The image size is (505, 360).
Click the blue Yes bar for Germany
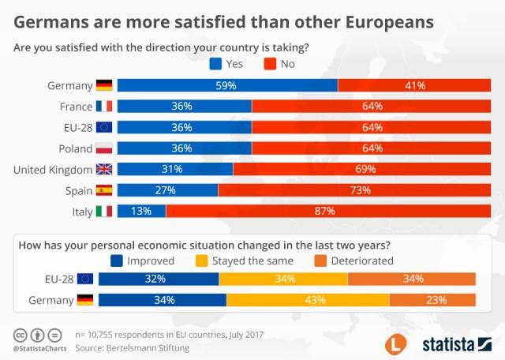coord(227,85)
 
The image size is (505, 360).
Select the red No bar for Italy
coord(324,211)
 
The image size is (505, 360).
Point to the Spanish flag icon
coord(104,190)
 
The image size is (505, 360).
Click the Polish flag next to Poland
coord(104,148)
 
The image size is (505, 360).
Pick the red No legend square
coord(266,63)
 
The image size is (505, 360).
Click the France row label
coord(75,106)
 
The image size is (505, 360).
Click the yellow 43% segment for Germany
coord(308,300)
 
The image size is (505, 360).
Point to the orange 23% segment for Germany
coord(432,300)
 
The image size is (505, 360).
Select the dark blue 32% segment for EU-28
coord(159,279)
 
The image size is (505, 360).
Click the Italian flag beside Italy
coord(104,211)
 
